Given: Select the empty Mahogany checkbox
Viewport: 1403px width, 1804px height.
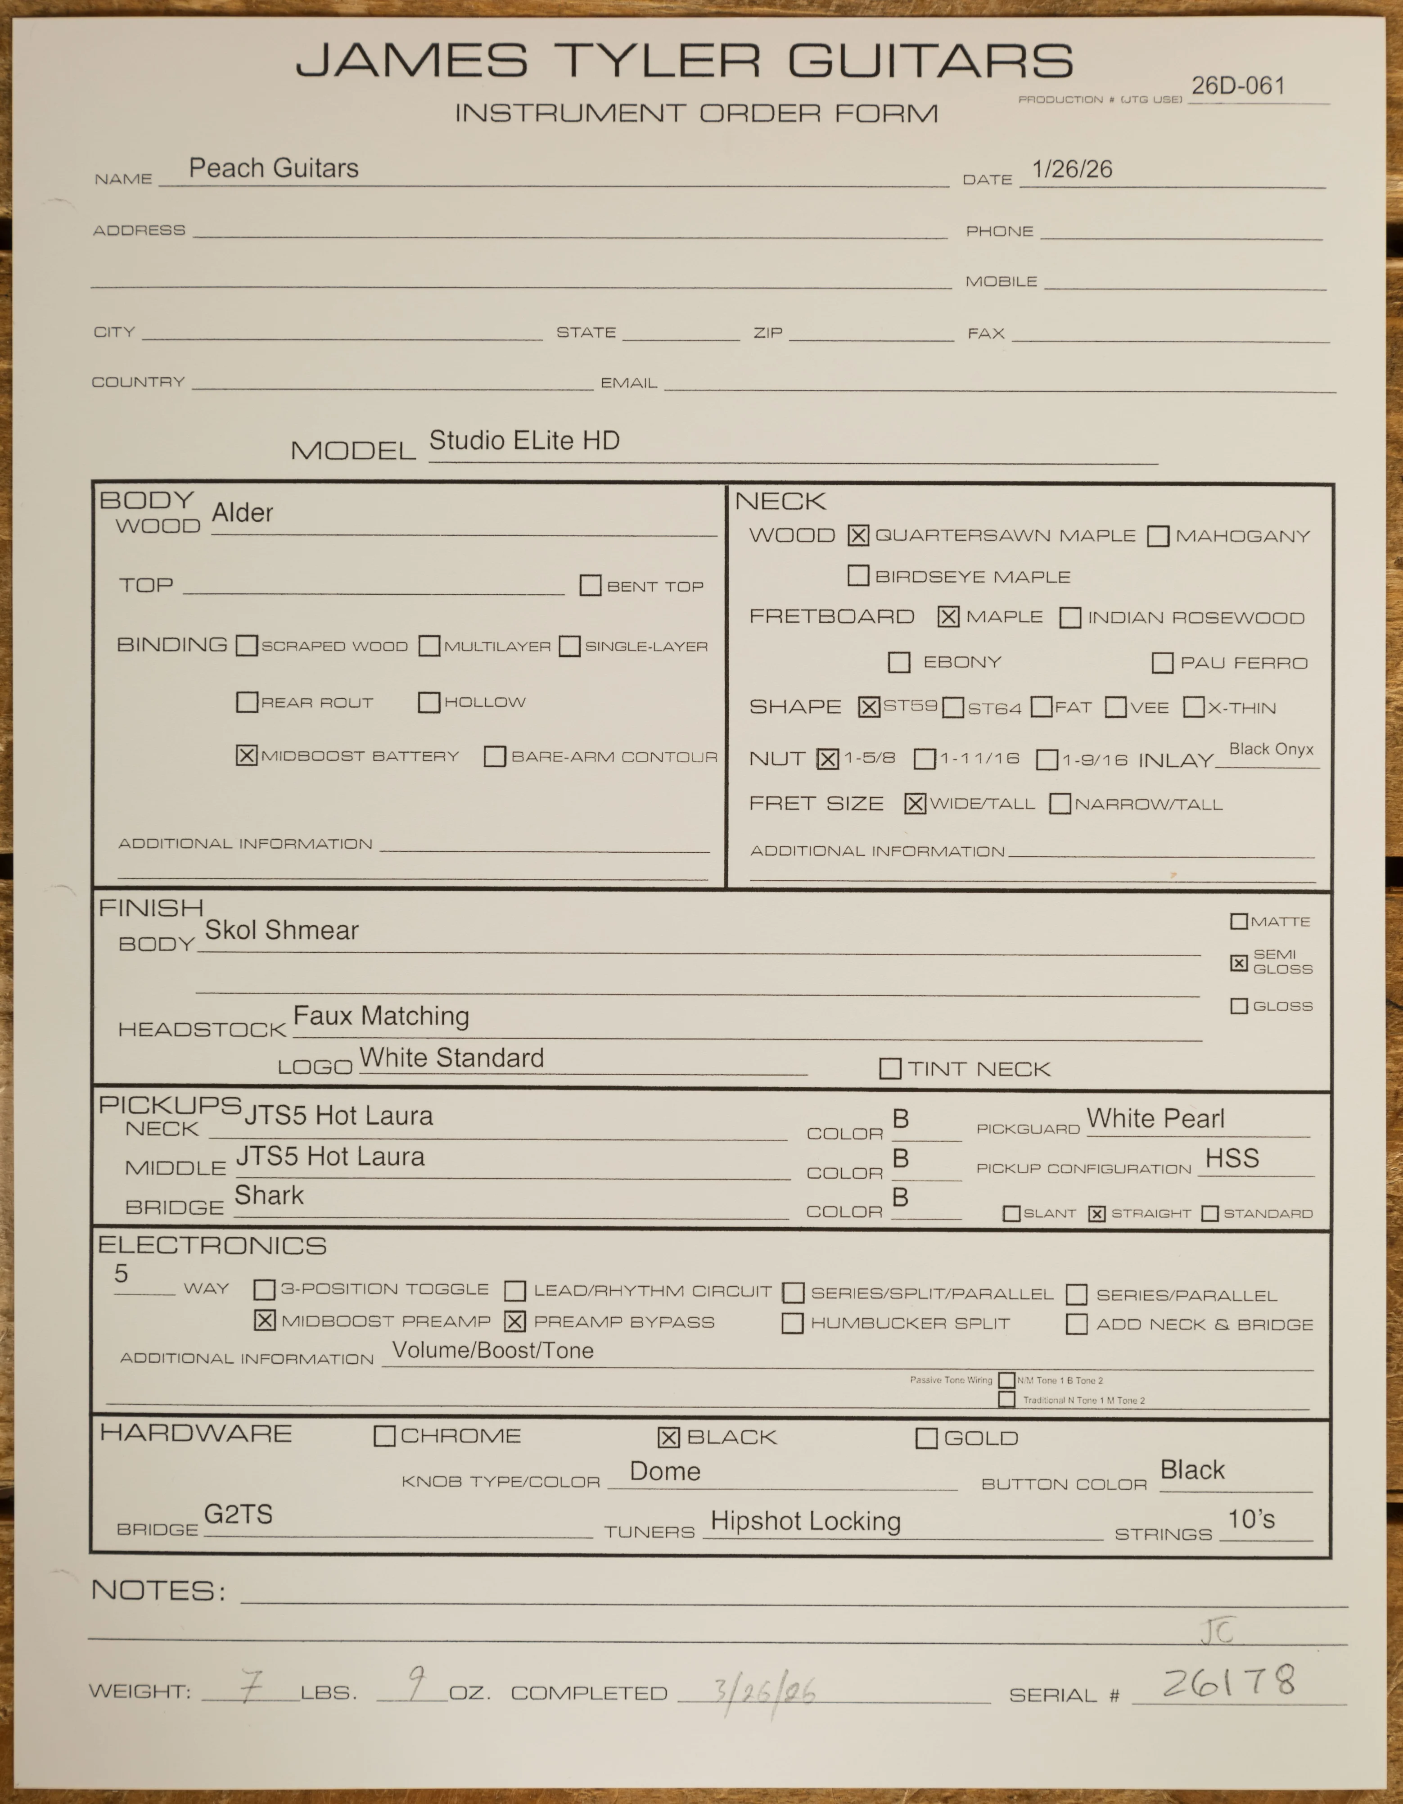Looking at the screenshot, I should [x=1158, y=536].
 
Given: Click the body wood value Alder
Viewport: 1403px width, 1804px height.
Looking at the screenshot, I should [x=242, y=513].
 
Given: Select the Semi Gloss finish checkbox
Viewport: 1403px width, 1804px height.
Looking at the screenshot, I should [x=1239, y=962].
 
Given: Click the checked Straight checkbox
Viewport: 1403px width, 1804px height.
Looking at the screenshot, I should [x=1096, y=1213].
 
